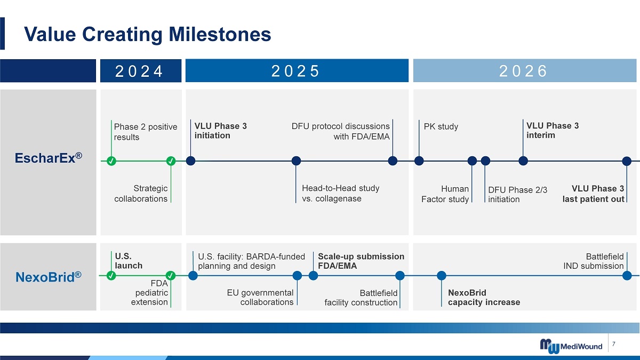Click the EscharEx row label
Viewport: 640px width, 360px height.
[x=49, y=158]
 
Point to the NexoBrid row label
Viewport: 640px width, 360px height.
[x=49, y=277]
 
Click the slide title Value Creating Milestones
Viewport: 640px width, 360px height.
[x=147, y=34]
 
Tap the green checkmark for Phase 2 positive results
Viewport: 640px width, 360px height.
[x=111, y=161]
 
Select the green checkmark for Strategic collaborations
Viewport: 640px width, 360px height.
[x=171, y=161]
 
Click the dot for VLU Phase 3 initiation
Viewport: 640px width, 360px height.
[x=190, y=161]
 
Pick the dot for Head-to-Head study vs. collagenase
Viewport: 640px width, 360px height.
[x=297, y=161]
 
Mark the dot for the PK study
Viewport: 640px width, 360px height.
[x=419, y=161]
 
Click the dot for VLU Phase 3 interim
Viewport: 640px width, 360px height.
[x=523, y=161]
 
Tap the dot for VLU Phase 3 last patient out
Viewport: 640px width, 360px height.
[x=627, y=161]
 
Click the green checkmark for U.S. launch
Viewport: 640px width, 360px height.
[x=111, y=276]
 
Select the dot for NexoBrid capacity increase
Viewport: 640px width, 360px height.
[x=442, y=276]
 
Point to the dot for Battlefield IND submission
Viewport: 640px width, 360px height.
[x=627, y=276]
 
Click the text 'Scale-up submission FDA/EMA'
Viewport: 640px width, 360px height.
[x=361, y=261]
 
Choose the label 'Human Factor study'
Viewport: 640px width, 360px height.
[x=445, y=194]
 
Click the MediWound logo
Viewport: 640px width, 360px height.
[x=571, y=346]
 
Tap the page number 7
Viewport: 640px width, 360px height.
[x=614, y=344]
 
